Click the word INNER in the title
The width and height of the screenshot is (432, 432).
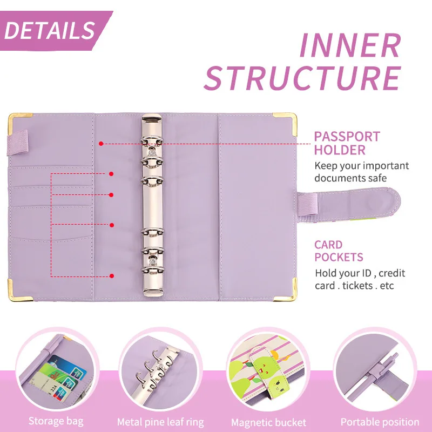coord(350,46)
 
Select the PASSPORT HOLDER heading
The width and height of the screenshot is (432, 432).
coord(347,143)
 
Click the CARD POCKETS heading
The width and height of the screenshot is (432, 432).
coord(339,251)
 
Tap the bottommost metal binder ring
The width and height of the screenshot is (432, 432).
coord(152,268)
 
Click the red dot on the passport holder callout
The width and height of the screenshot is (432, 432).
coord(101,144)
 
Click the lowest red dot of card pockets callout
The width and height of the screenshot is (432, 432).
coord(111,276)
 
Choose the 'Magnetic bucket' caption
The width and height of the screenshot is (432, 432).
coord(268,422)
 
